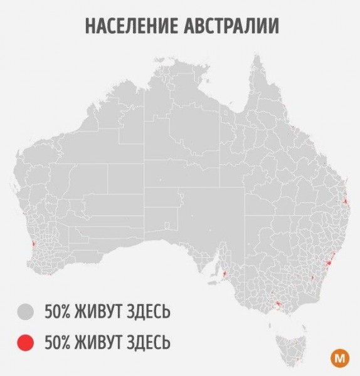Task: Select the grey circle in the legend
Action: (25, 311)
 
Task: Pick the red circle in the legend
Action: (25, 342)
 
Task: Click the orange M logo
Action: (339, 359)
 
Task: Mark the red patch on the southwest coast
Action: (34, 243)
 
